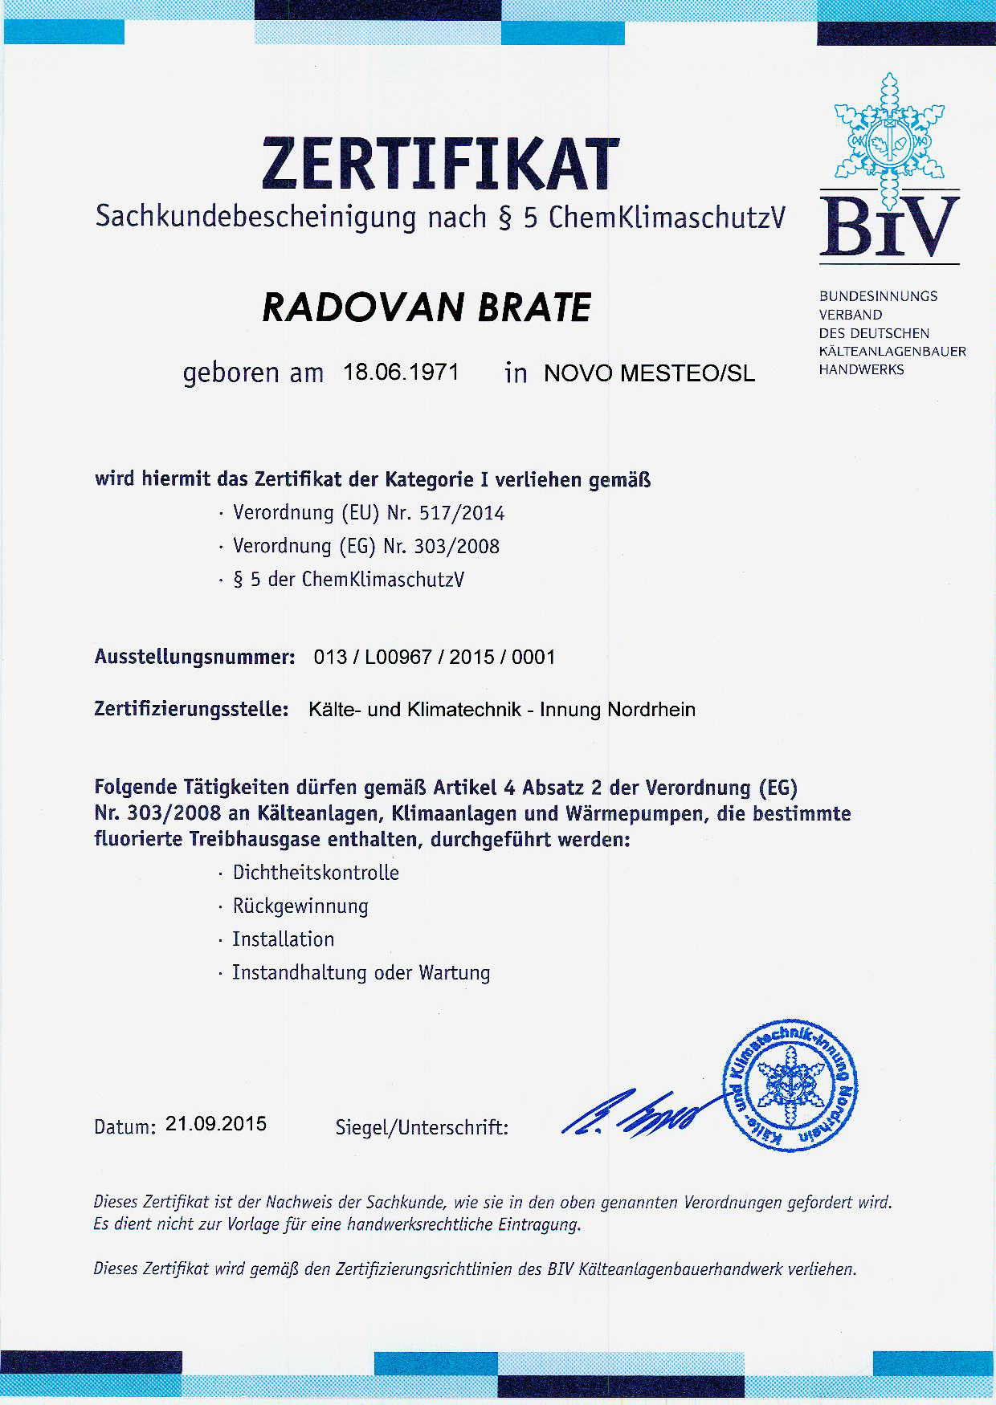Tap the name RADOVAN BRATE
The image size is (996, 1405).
(427, 307)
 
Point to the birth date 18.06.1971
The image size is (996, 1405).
(401, 373)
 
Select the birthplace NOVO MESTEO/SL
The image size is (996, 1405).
(649, 374)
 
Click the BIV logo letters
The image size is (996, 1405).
(889, 226)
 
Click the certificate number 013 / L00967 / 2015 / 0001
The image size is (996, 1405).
(434, 658)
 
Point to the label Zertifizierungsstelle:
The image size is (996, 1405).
(191, 710)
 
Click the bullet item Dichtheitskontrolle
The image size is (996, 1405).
(316, 873)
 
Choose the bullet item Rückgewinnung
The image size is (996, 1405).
(300, 906)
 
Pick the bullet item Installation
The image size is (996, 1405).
(283, 939)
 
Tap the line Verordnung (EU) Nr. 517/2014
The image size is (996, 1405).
(369, 513)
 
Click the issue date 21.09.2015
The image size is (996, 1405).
(216, 1124)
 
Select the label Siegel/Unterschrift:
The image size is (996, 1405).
(422, 1128)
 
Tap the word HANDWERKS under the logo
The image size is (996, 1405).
(861, 370)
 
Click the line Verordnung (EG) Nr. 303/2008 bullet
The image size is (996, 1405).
(366, 547)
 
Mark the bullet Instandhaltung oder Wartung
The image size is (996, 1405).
(361, 973)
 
